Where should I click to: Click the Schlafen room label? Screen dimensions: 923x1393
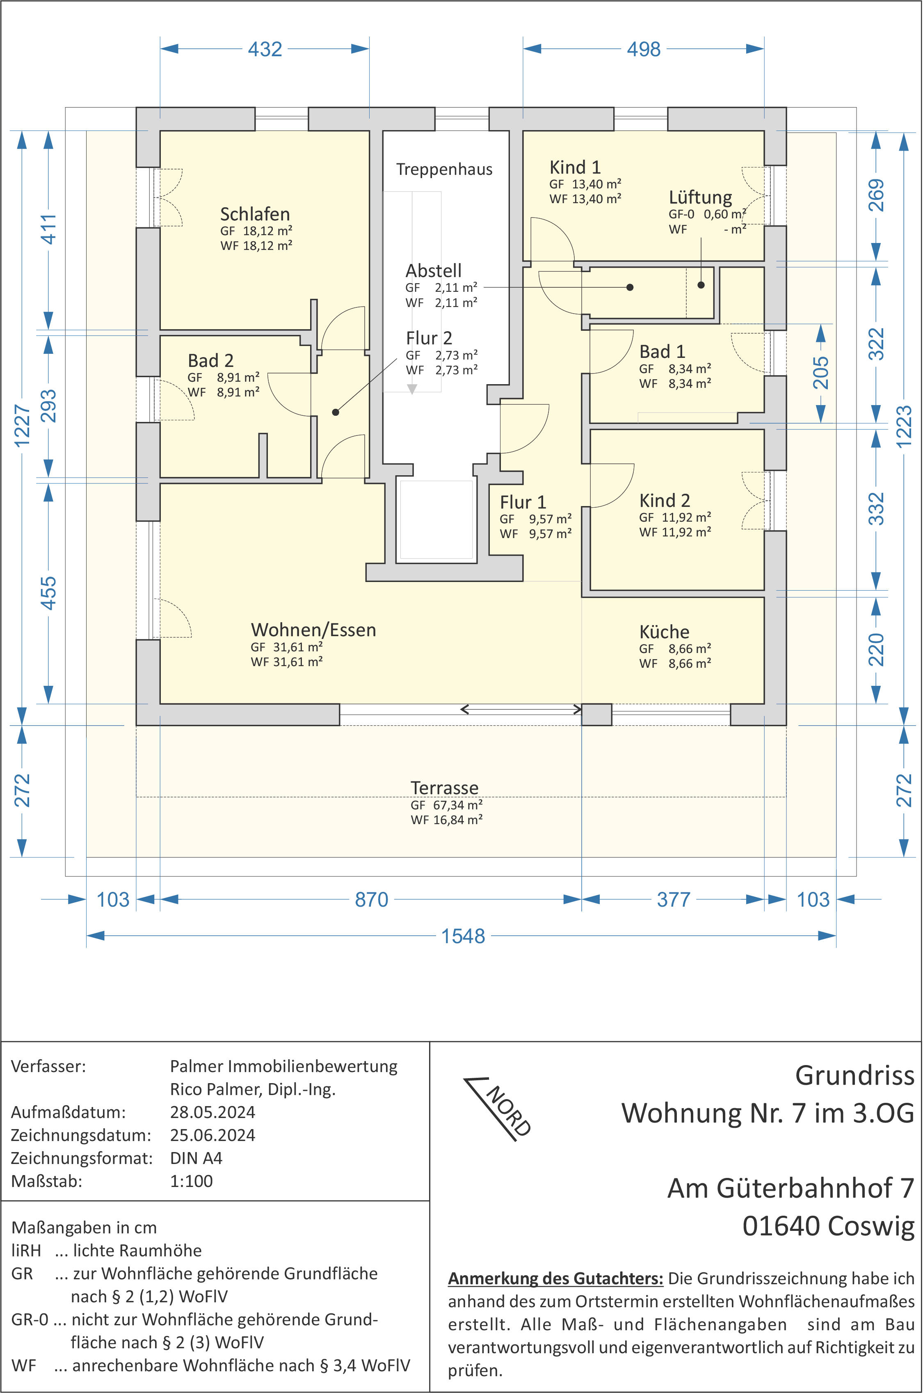pos(255,214)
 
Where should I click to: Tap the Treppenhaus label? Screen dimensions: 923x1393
pos(444,170)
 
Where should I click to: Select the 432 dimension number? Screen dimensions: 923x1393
pos(265,49)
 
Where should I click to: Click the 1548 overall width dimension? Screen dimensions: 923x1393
pos(463,936)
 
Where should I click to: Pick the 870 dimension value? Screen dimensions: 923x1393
pos(371,899)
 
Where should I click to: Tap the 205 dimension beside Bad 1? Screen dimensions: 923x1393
pos(820,372)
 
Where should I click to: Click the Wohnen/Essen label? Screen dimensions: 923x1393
pos(313,630)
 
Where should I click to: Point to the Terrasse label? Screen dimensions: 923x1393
pos(444,788)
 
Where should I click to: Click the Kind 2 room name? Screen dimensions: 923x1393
pos(665,501)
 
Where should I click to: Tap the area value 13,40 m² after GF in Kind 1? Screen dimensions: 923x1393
pos(597,184)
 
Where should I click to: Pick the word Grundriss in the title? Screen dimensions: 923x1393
pos(855,1077)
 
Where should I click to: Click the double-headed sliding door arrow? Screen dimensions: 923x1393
pos(521,709)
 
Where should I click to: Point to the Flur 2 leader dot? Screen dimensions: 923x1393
pos(336,412)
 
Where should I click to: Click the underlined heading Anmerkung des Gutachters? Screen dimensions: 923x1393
pos(556,1279)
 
